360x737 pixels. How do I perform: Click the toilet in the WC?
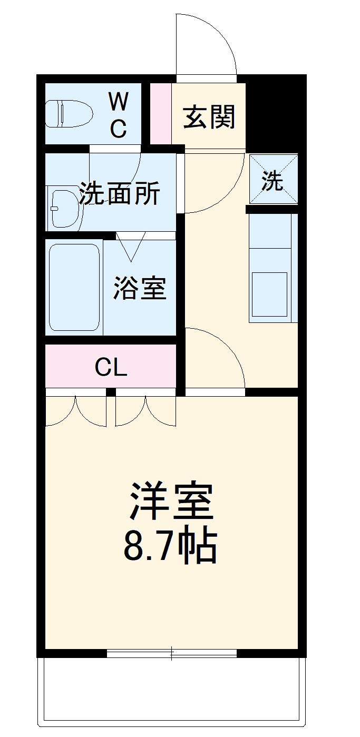(69, 114)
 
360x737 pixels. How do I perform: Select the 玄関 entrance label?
(209, 116)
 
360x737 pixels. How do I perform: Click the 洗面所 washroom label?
(120, 194)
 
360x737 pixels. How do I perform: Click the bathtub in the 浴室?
(74, 287)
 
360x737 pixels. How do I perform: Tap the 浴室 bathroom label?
(140, 288)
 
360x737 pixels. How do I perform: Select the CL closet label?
(111, 367)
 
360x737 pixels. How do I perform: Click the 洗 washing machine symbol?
(273, 179)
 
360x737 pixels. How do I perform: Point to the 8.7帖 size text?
(170, 546)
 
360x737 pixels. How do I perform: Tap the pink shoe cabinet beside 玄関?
(161, 113)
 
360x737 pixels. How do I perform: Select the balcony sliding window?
(172, 653)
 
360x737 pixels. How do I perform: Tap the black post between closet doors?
(111, 392)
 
